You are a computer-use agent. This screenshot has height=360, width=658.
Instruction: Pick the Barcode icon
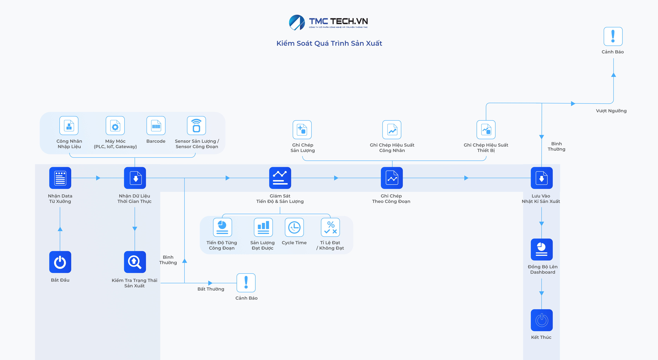pyautogui.click(x=156, y=126)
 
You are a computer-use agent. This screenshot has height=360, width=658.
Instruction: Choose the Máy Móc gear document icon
pyautogui.click(x=115, y=126)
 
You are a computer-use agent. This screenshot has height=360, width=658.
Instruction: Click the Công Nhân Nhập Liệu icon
pyautogui.click(x=69, y=126)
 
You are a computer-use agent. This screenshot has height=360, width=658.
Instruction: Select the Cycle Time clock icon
pyautogui.click(x=294, y=227)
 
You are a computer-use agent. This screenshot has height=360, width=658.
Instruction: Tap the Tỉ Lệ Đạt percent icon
pyautogui.click(x=330, y=227)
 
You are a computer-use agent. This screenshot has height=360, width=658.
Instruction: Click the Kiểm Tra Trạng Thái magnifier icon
pyautogui.click(x=135, y=262)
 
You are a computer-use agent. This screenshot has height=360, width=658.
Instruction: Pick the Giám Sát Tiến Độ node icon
pyautogui.click(x=280, y=178)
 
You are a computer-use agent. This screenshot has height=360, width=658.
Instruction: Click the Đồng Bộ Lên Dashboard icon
pyautogui.click(x=541, y=249)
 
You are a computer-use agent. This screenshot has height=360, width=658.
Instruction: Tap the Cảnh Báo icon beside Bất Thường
pyautogui.click(x=246, y=283)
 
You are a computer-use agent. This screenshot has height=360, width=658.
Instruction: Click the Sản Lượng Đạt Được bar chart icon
pyautogui.click(x=263, y=227)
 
